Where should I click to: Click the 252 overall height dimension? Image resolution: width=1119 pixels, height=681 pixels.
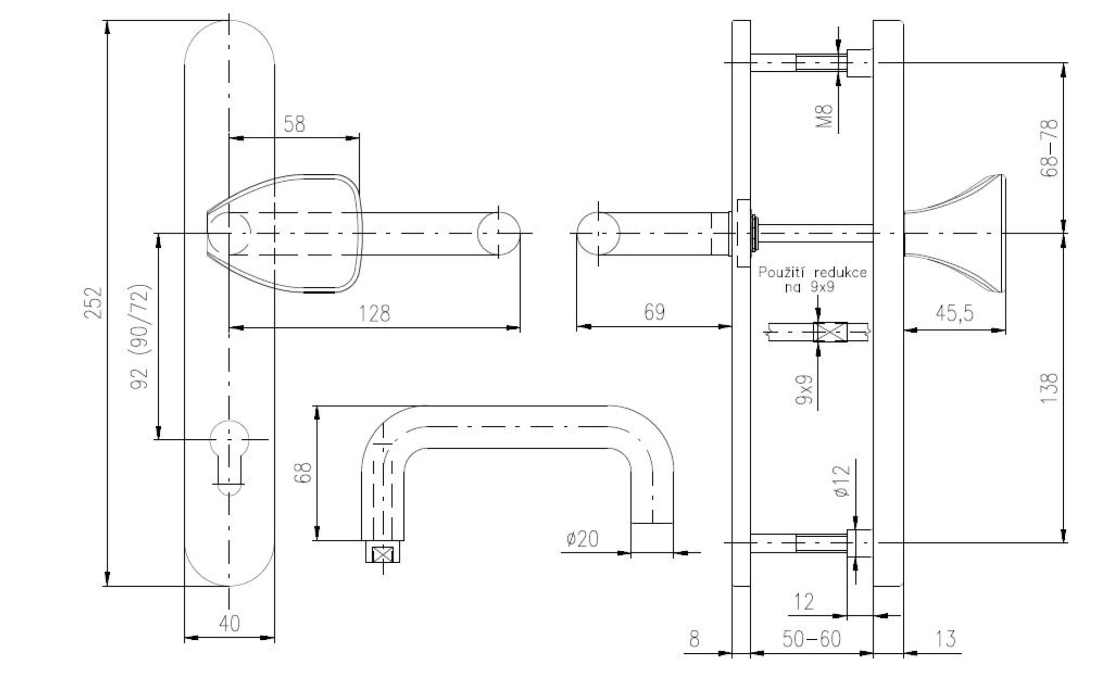[x=94, y=303]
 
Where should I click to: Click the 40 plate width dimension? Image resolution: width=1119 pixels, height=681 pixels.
[x=229, y=623]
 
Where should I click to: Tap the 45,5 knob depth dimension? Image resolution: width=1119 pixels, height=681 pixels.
[x=954, y=313]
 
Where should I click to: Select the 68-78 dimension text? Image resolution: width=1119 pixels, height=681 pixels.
[x=1049, y=148]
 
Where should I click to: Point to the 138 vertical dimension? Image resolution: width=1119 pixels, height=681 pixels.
[x=1049, y=388]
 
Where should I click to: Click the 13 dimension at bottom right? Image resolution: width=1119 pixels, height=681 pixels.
[x=945, y=639]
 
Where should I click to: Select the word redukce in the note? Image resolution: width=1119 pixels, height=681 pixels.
[x=840, y=272]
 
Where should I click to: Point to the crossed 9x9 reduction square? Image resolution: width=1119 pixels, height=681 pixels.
[x=830, y=332]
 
